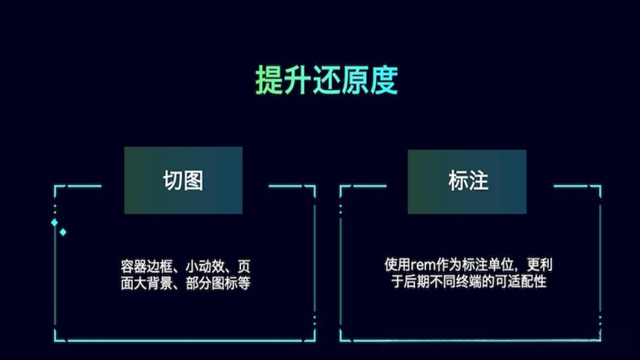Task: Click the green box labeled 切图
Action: point(183,180)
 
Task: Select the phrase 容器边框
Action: point(142,267)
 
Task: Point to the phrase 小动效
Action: point(204,267)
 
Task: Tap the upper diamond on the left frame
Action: point(54,222)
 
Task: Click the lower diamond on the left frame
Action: point(63,232)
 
